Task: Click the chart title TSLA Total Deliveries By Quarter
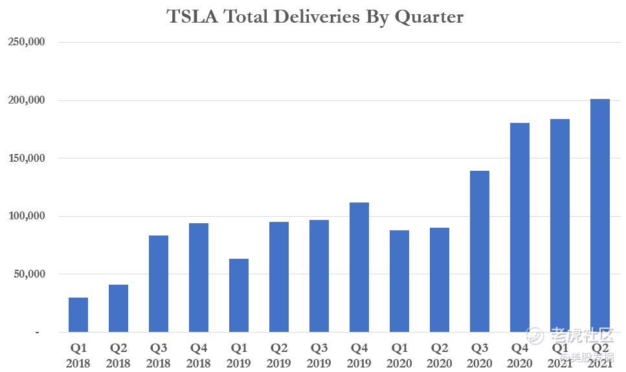[315, 17]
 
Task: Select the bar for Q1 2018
[78, 314]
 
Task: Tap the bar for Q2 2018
[118, 308]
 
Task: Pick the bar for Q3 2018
[159, 283]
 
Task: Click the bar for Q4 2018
[199, 278]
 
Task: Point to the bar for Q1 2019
[239, 295]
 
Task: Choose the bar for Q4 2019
[359, 267]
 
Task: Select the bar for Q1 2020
[399, 281]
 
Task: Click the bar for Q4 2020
[520, 227]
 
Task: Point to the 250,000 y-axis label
[26, 42]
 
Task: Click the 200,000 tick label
[26, 100]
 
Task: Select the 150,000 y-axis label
[26, 158]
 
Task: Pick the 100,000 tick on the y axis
[26, 216]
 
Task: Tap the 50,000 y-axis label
[28, 274]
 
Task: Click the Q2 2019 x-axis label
[279, 355]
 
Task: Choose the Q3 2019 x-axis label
[319, 355]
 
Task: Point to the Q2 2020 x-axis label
[440, 355]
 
